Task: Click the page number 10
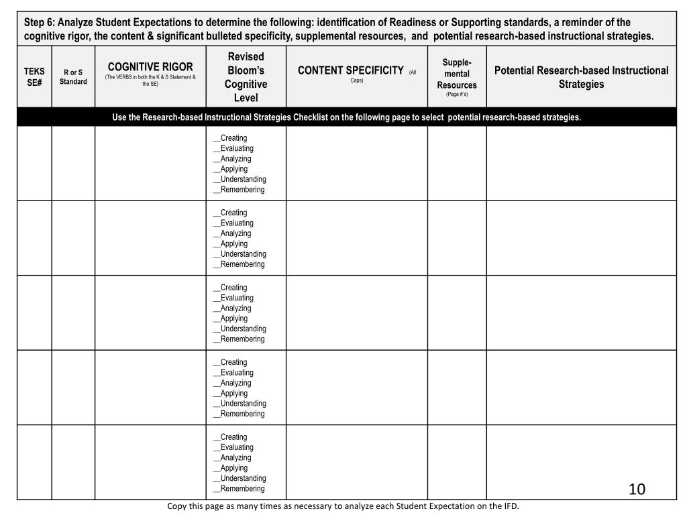(x=637, y=489)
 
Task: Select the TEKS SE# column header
(x=34, y=77)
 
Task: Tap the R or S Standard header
(x=73, y=77)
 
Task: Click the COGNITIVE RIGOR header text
(x=150, y=67)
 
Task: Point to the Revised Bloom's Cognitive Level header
(x=246, y=77)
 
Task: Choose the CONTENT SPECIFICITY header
(x=350, y=70)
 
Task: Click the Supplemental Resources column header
(x=456, y=76)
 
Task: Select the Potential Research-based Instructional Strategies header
(x=581, y=77)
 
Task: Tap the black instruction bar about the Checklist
(x=346, y=117)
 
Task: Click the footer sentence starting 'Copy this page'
(x=343, y=506)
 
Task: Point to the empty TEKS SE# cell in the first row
(x=34, y=164)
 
